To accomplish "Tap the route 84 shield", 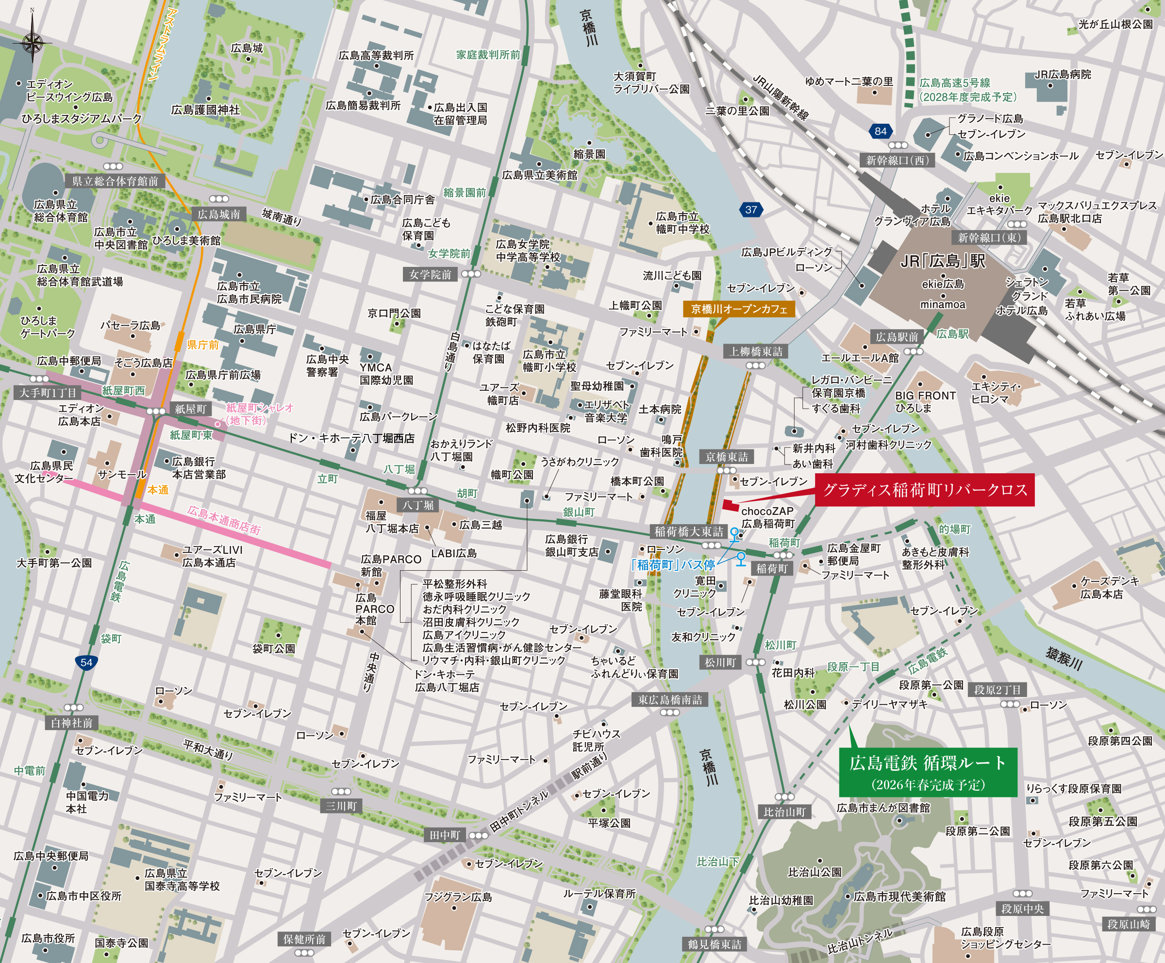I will tap(881, 132).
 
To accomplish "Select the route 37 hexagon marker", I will tap(750, 210).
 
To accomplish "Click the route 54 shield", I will tap(86, 663).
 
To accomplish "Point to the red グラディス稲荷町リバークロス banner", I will tap(924, 490).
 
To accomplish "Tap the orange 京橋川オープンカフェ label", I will tap(739, 309).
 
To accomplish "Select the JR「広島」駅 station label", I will tap(943, 261).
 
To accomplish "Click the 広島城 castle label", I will tap(247, 48).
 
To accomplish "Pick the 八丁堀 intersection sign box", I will tap(418, 505).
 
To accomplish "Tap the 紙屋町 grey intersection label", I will tap(190, 409).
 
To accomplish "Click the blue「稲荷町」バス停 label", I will tap(673, 565).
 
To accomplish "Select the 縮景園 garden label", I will tap(589, 154).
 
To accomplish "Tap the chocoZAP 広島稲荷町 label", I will tap(768, 517).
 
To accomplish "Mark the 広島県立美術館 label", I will tap(539, 175).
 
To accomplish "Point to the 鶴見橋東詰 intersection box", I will tap(714, 944).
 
